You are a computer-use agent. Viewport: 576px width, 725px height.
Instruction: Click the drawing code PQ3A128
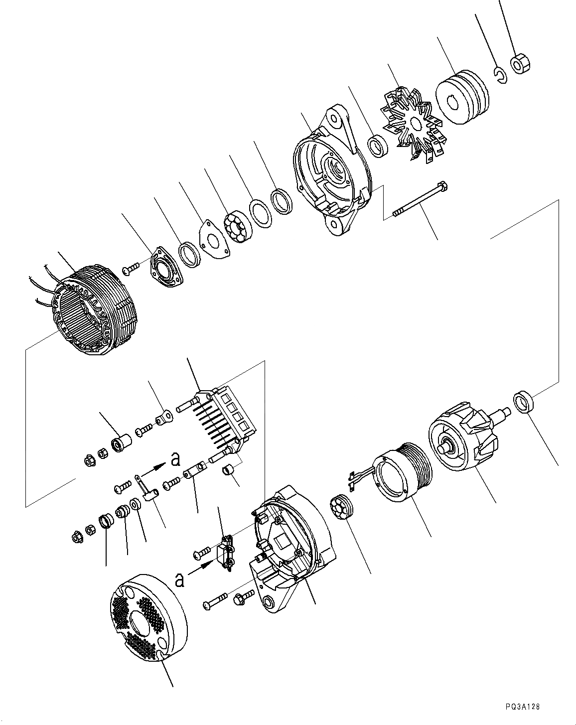522,707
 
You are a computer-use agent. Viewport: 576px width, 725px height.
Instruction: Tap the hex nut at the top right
521,64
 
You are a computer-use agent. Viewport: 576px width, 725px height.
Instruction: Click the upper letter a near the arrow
175,459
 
